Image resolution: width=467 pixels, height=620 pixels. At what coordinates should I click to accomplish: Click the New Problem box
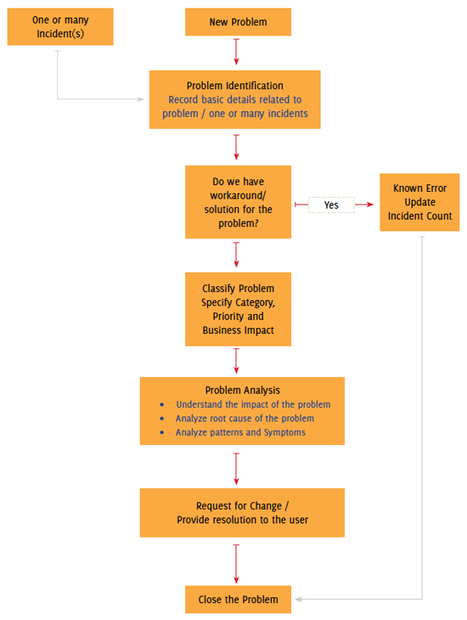[x=238, y=22]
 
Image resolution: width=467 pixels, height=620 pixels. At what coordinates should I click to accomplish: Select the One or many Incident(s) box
[x=60, y=26]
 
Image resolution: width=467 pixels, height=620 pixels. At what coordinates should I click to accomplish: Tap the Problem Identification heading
[x=234, y=86]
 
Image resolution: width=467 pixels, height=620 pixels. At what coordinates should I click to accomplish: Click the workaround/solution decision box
[x=237, y=201]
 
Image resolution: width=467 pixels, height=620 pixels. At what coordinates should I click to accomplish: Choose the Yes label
[x=331, y=205]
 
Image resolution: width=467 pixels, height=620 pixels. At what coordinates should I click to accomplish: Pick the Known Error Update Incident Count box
[x=421, y=202]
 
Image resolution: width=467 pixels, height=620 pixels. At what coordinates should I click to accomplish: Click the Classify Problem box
[x=237, y=308]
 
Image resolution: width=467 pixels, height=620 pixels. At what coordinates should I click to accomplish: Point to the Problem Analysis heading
[x=242, y=390]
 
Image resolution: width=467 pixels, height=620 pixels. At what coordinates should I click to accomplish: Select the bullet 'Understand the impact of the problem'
[x=253, y=404]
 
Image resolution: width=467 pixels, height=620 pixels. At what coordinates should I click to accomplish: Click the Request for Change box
[x=242, y=512]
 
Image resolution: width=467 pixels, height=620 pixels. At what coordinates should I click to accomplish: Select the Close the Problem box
[x=238, y=599]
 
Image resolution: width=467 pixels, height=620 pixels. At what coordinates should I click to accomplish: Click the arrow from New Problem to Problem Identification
[x=236, y=52]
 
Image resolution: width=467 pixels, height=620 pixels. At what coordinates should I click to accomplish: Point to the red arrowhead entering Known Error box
[x=371, y=205]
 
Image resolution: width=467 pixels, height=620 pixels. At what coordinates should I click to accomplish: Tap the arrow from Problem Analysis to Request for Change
[x=236, y=466]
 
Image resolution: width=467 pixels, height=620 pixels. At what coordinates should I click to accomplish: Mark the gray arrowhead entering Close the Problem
[x=296, y=599]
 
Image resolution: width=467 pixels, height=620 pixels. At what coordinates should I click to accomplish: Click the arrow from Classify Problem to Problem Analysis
[x=236, y=361]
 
